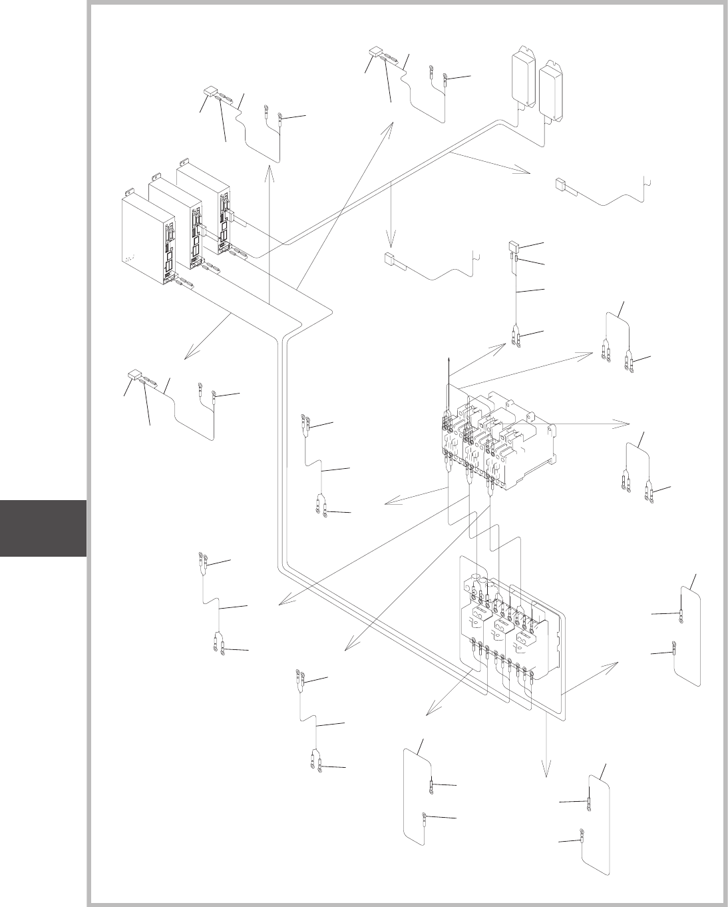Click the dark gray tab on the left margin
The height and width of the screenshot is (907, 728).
[x=43, y=528]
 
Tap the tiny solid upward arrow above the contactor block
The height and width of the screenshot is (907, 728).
[x=449, y=360]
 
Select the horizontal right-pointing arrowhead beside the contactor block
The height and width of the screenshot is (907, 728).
[x=626, y=423]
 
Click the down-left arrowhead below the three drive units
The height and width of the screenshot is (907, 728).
[x=187, y=356]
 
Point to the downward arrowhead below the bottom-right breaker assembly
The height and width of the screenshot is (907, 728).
[x=546, y=773]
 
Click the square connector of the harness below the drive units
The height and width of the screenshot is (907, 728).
[x=134, y=375]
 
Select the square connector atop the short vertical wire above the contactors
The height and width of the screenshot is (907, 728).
[x=514, y=246]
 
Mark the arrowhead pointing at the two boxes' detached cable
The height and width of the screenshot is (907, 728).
[x=526, y=172]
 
